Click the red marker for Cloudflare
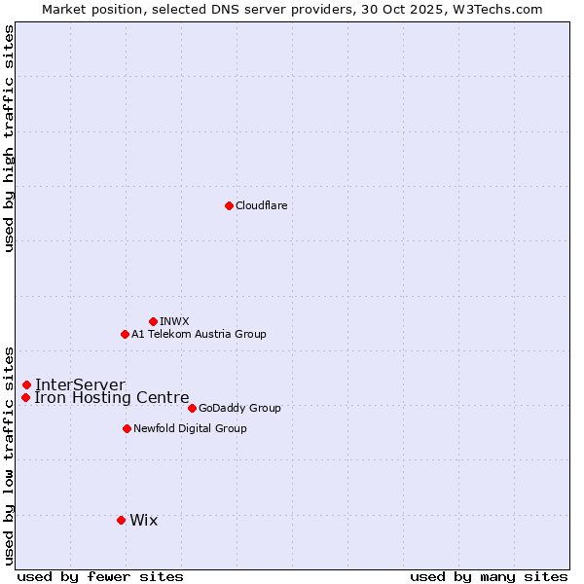coord(229,205)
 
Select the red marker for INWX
coord(153,321)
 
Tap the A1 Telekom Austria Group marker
coord(125,334)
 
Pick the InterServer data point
coord(26,384)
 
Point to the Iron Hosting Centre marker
coord(25,397)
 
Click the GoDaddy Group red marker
coord(192,408)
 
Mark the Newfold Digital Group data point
coord(127,428)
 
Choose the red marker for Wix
coord(121,520)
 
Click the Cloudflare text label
coord(262,205)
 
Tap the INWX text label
coord(174,321)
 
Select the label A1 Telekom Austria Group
coord(199,334)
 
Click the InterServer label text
coord(80,384)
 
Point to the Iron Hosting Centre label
coord(112,397)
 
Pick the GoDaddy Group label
coord(239,408)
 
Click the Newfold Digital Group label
coord(190,428)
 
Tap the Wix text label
coord(143,520)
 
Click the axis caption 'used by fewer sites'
coord(100,576)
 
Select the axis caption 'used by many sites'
coord(489,576)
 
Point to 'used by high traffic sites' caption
coord(9,138)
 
